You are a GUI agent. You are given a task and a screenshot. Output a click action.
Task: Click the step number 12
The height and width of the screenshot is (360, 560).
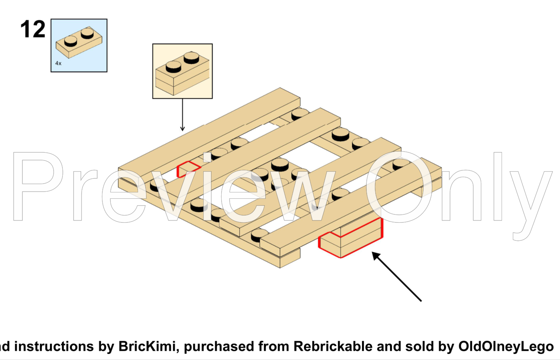pos(33,29)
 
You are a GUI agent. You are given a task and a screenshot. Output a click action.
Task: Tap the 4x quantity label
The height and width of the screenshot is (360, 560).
pos(58,63)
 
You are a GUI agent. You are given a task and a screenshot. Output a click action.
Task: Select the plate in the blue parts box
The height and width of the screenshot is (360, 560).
pos(79,42)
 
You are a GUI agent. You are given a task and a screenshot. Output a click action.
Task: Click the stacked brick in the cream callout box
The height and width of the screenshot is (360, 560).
pos(182,73)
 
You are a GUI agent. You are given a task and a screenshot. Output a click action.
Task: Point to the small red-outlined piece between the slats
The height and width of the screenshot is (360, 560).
pos(188,169)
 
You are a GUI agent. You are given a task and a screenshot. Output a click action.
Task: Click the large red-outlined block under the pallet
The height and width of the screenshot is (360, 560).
pos(350,238)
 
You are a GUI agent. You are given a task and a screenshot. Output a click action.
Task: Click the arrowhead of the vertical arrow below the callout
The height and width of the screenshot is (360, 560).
pos(182,128)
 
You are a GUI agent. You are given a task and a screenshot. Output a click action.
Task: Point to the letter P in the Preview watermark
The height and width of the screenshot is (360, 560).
pos(38,186)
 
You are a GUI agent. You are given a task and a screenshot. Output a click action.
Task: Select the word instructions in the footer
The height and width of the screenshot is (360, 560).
pos(54,346)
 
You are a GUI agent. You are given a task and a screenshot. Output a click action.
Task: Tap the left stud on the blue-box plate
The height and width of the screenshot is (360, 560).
pos(70,41)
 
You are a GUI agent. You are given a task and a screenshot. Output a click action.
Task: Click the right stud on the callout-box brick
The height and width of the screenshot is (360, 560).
pos(192,58)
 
